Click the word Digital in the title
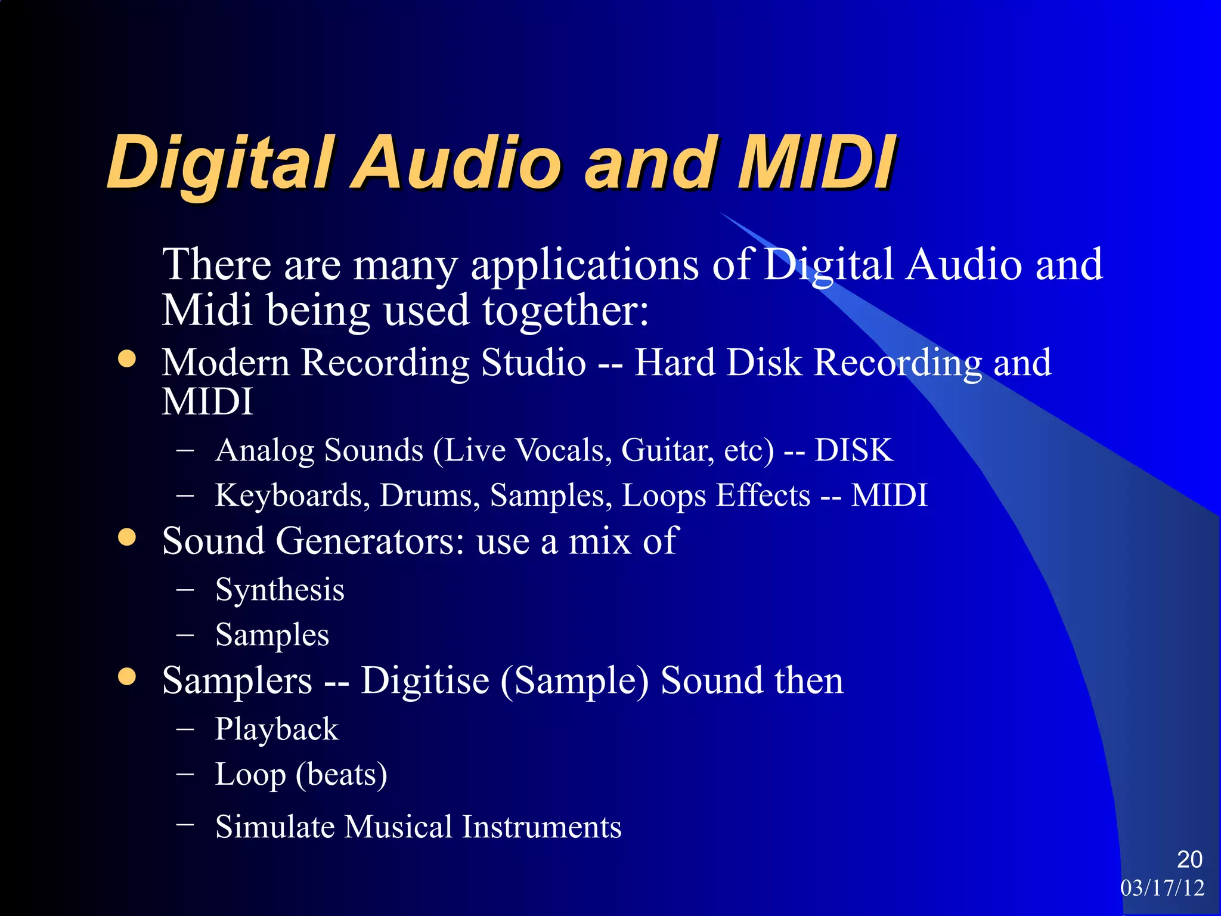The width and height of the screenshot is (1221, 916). (218, 162)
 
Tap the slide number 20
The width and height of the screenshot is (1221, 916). (1189, 859)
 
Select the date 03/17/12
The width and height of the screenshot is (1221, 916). (1162, 888)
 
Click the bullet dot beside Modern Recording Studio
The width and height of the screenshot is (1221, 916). (127, 359)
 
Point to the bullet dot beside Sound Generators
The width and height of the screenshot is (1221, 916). (127, 537)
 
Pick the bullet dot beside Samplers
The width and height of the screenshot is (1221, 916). (127, 677)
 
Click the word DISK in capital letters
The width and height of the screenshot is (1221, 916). (854, 450)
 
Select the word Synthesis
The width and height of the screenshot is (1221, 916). (280, 590)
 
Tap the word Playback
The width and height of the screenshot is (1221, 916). (277, 729)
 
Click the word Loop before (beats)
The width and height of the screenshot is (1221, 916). (250, 775)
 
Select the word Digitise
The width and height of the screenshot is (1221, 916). (425, 680)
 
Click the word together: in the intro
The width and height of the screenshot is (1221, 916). (565, 311)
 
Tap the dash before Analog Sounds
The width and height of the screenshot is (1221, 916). (185, 451)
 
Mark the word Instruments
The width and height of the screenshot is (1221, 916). (542, 827)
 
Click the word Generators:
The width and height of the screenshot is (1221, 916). (370, 541)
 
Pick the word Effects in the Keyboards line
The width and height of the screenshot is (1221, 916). (763, 496)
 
